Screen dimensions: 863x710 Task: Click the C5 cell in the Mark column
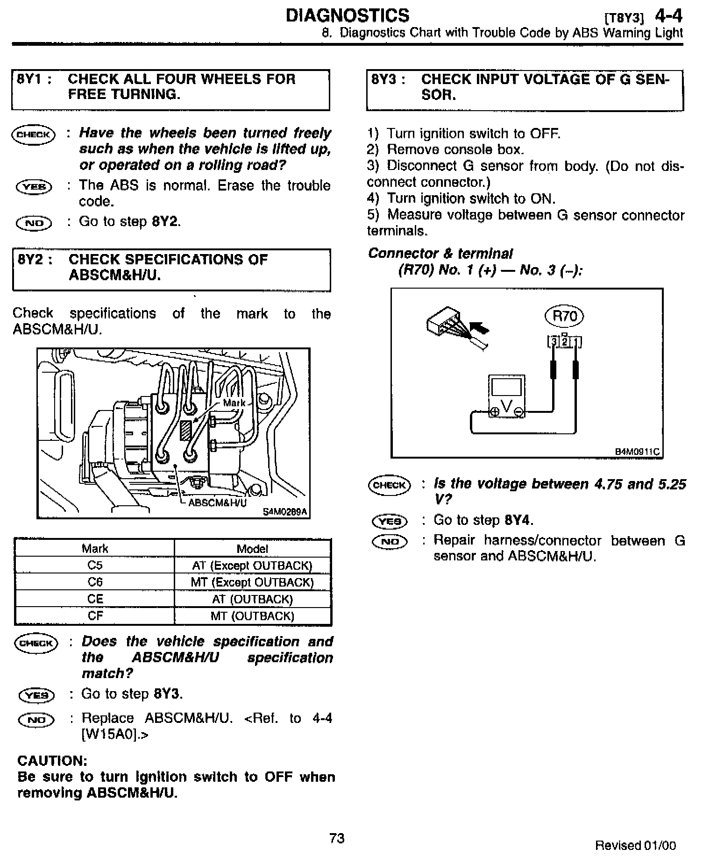pos(95,565)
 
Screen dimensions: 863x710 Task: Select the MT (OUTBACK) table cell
pos(252,615)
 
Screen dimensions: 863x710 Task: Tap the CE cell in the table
pos(95,599)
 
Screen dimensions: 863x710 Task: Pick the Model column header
pos(252,548)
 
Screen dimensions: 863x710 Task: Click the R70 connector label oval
pos(564,316)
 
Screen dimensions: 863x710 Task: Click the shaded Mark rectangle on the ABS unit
pos(186,430)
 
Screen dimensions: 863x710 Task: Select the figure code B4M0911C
pos(637,452)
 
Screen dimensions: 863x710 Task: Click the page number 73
pos(337,838)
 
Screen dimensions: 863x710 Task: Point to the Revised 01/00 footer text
pos(635,845)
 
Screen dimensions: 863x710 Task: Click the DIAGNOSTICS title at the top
pos(348,16)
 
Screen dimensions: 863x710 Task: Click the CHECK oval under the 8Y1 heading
pos(33,135)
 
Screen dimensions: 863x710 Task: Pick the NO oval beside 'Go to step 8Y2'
pos(34,223)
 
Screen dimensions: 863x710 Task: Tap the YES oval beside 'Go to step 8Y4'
pos(390,521)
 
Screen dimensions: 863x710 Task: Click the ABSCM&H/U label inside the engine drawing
pos(217,503)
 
